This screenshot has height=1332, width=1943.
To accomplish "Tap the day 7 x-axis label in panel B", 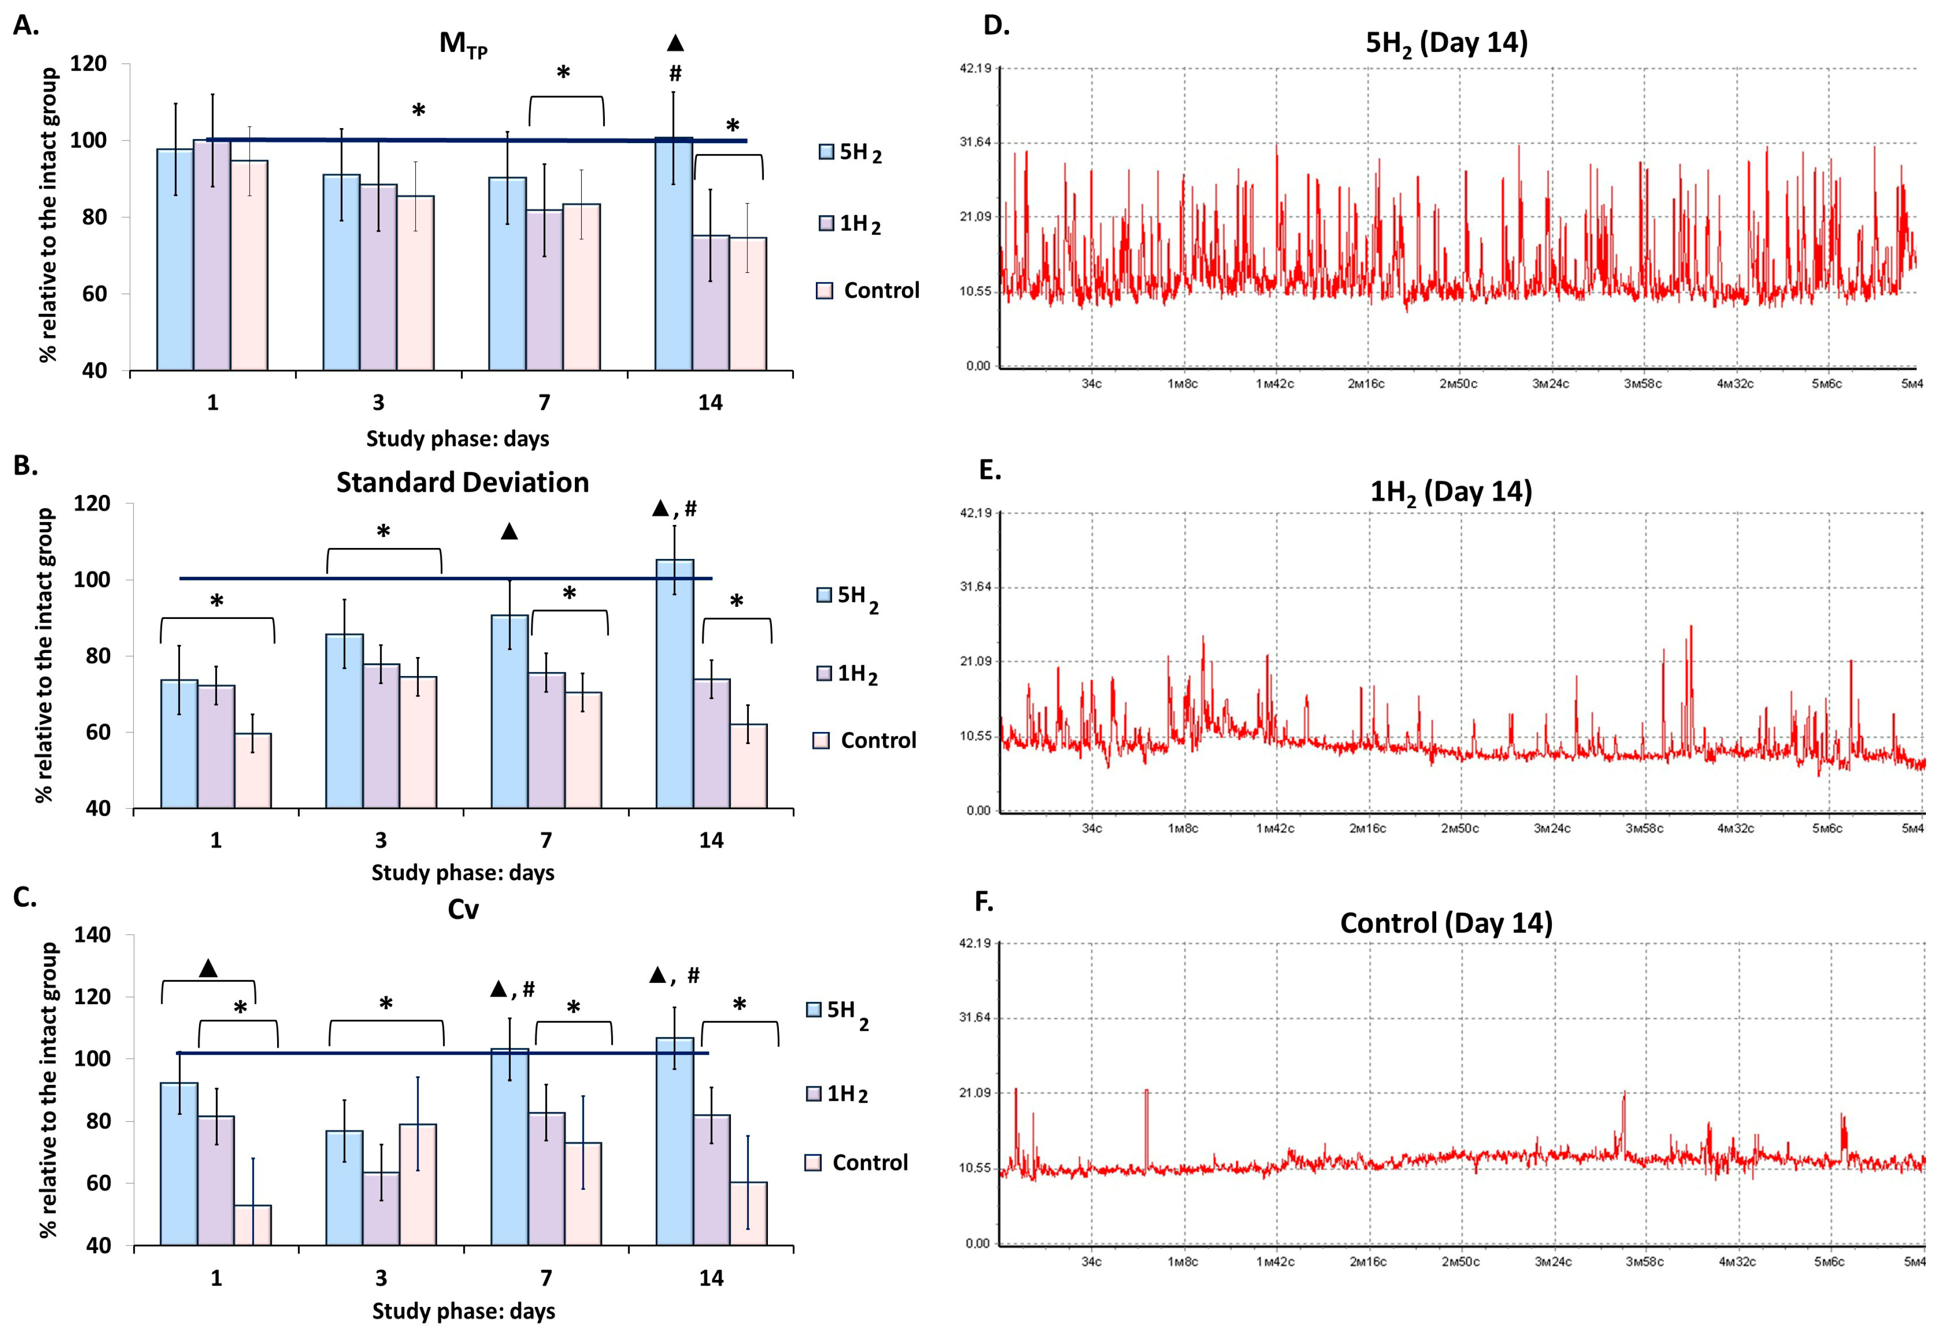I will click(x=545, y=840).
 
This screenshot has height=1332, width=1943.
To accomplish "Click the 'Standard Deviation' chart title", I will click(x=462, y=482).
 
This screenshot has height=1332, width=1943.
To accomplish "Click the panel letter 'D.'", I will click(x=996, y=26).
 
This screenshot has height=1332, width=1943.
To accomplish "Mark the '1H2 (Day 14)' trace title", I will click(x=1451, y=492).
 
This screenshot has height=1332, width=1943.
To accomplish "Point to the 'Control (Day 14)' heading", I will click(x=1446, y=923).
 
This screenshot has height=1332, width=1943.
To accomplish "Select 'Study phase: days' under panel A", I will click(x=457, y=438).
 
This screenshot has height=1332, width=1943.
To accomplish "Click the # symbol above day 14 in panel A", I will click(x=675, y=74).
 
